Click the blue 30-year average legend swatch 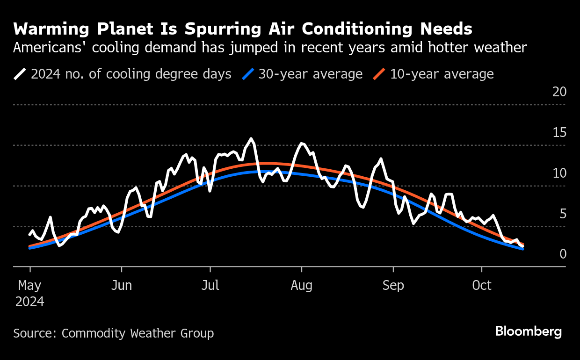point(249,74)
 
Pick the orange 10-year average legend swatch point(379,74)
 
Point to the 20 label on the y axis point(559,92)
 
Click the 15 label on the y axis point(559,132)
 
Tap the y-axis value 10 point(559,173)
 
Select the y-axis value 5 point(563,214)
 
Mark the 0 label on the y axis point(563,254)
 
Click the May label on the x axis point(29,285)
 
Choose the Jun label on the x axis point(122,285)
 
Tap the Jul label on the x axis point(210,285)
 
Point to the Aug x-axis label point(302,285)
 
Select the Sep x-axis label point(393,285)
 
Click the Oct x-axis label point(482,285)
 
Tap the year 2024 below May point(29,302)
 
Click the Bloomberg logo point(529,331)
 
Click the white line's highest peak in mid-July point(251,138)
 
